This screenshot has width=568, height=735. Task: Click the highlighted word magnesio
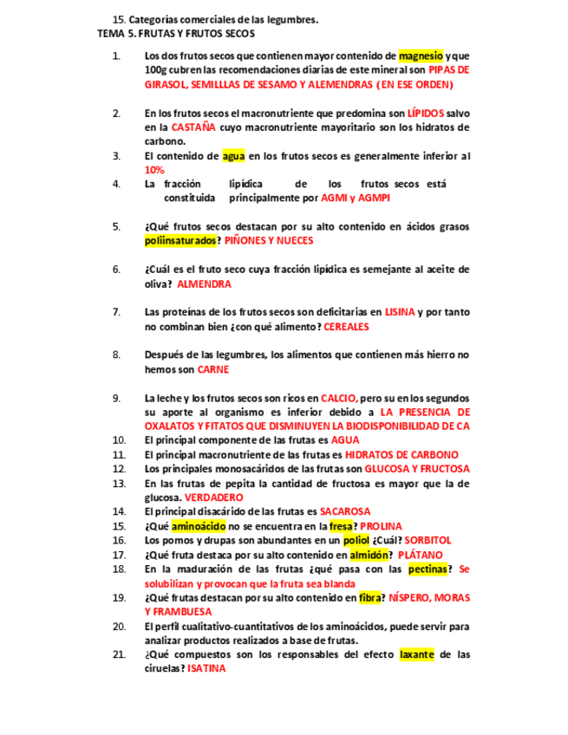tap(421, 56)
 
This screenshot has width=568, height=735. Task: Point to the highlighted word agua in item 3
tap(233, 156)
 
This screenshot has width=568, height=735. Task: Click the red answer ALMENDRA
tap(204, 283)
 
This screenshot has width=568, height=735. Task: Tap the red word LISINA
tap(399, 312)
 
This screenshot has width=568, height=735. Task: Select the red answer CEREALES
tap(346, 327)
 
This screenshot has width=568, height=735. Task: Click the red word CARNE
tap(212, 369)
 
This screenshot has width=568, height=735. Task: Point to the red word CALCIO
tap(337, 398)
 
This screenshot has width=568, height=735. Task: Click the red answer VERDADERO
tap(213, 498)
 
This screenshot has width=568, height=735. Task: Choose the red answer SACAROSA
tap(344, 511)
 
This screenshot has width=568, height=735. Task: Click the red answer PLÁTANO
tap(420, 555)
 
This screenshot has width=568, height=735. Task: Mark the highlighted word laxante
tap(416, 654)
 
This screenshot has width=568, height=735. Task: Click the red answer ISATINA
tap(206, 668)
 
